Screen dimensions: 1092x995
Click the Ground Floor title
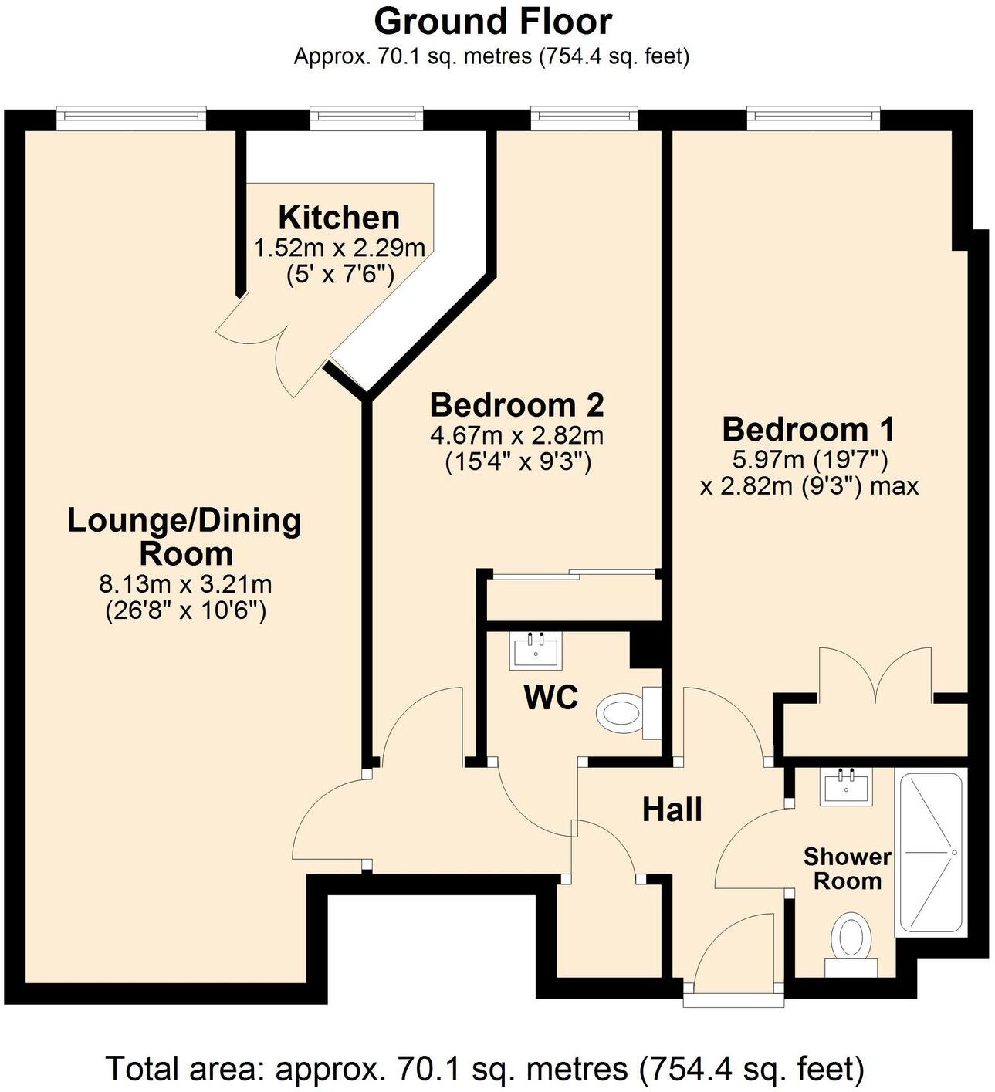click(x=492, y=22)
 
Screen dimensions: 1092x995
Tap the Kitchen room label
click(x=339, y=218)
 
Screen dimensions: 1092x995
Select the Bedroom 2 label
click(x=516, y=404)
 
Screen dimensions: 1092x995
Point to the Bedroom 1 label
click(x=809, y=428)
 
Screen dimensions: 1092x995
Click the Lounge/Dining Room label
click(x=184, y=537)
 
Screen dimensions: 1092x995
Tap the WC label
click(x=550, y=698)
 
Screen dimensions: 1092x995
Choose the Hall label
click(x=672, y=810)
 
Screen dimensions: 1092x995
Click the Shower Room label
click(x=847, y=869)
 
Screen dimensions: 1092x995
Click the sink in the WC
click(x=536, y=650)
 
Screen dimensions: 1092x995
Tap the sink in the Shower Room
click(x=848, y=786)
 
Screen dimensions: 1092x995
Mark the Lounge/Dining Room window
click(x=131, y=117)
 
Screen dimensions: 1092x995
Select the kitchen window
click(x=367, y=117)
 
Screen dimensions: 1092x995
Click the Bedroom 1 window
click(x=814, y=117)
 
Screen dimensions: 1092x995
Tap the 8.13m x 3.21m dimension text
click(x=185, y=583)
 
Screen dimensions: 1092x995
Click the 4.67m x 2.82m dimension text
click(x=516, y=435)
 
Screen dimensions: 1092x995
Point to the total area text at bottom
click(x=485, y=1070)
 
